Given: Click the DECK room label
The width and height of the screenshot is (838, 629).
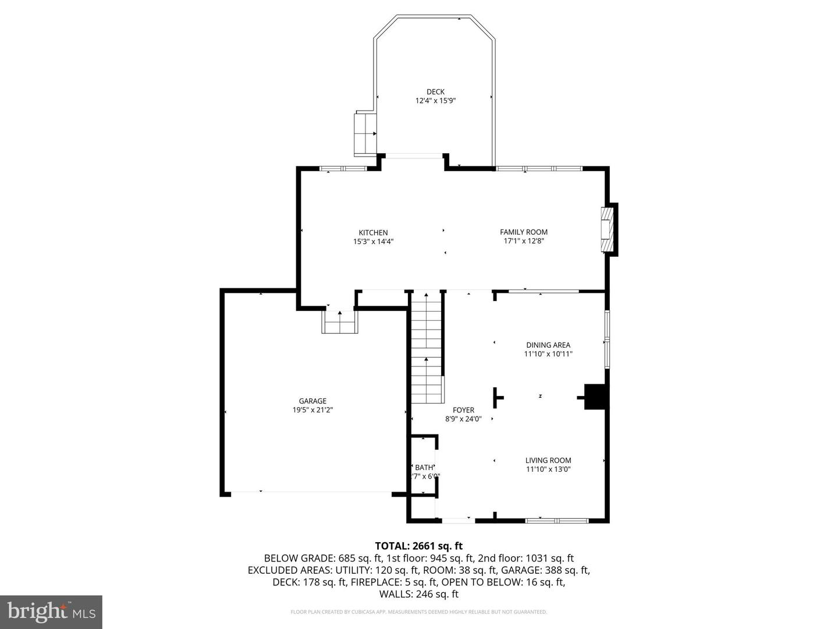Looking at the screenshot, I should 435,91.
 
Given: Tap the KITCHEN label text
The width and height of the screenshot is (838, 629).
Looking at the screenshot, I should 373,232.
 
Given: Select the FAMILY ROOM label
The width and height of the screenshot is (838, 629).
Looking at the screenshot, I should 524,232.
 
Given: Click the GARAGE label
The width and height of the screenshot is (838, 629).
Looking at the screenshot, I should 313,401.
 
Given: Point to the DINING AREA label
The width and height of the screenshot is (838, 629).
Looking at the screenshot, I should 548,345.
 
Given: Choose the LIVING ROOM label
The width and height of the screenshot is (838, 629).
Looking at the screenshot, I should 548,460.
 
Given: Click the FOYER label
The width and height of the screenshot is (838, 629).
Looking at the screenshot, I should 463,410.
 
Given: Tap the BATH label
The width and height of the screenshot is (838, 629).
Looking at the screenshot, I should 424,467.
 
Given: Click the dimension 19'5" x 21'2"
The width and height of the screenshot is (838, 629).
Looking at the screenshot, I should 313,410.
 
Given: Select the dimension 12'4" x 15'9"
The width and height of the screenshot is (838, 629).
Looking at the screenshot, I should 435,101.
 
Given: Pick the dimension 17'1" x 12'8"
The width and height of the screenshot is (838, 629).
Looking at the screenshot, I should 524,241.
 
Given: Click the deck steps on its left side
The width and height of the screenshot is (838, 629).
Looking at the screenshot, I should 365,133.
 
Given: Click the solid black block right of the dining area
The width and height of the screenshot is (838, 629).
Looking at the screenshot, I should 595,397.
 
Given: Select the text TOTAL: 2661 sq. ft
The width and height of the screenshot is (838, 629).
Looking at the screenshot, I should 418,546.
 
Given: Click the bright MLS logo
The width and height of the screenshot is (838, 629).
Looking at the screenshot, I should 51,612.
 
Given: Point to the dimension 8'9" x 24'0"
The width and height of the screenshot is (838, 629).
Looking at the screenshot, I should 463,419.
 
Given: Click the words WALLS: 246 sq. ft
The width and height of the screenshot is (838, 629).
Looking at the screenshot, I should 418,594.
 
